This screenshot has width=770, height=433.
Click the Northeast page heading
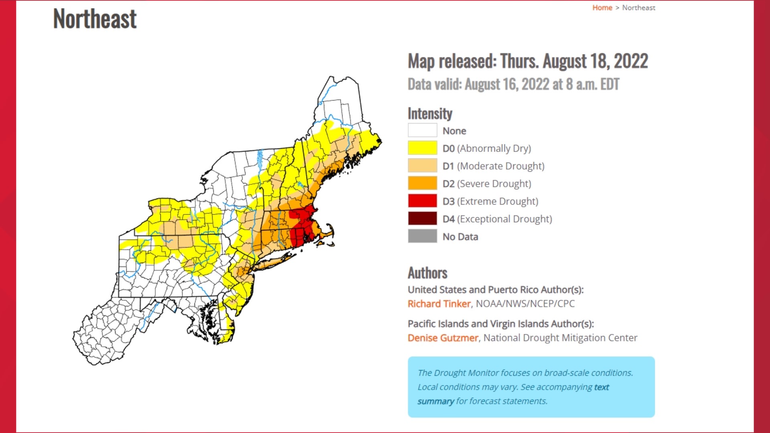95,19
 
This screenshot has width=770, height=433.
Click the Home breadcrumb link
602,8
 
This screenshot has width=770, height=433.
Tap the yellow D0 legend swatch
422,148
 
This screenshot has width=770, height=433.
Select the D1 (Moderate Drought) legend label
493,166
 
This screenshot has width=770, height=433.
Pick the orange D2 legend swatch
422,183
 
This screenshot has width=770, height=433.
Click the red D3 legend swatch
422,201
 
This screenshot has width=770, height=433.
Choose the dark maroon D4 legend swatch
422,219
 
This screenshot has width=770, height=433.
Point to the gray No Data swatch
422,236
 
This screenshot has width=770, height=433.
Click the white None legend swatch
422,130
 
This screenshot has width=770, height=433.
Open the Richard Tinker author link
439,304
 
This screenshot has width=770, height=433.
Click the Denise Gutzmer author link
443,338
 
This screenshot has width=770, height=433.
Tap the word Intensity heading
430,114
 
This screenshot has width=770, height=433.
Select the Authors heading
428,273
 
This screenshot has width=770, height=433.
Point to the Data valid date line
513,85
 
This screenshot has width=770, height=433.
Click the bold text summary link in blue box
436,401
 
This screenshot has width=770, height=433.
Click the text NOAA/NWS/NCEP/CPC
525,304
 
